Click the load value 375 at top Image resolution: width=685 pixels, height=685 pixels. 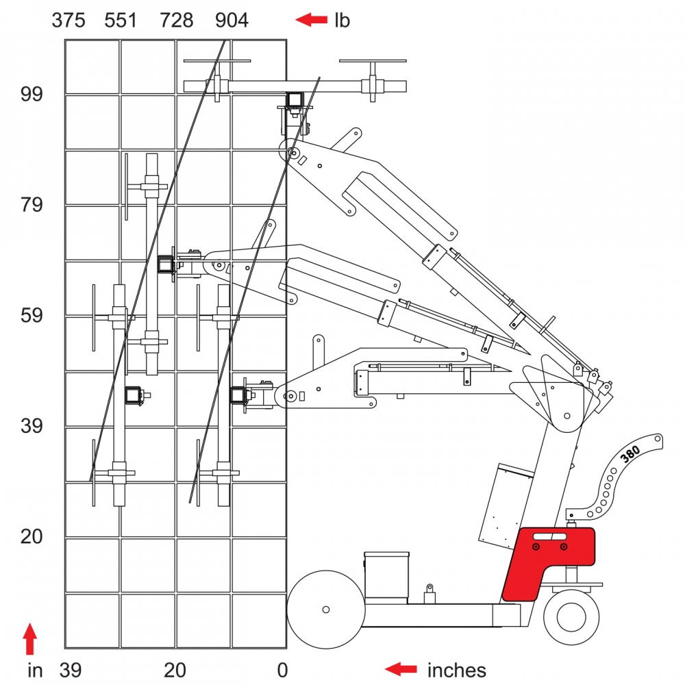point(68,21)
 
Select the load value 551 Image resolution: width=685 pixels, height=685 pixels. point(121,21)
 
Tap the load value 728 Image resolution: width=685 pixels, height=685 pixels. point(177,21)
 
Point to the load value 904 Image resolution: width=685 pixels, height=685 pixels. point(232,21)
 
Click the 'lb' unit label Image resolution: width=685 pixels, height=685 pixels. point(342,21)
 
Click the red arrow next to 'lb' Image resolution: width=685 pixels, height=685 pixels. point(311,21)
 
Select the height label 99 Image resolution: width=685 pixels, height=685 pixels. point(32,95)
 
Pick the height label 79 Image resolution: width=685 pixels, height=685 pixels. point(32,205)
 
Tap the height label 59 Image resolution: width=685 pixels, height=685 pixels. point(32,316)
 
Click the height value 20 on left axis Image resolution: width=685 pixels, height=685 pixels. point(32,536)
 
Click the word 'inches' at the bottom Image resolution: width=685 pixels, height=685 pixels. point(456,670)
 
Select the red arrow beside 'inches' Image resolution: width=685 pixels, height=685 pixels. point(401,669)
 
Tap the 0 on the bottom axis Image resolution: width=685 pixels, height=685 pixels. point(282,670)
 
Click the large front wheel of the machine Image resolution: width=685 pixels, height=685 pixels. point(325,609)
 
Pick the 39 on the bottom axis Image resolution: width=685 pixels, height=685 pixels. point(71,670)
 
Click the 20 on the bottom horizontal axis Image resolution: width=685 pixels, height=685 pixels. point(175,670)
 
